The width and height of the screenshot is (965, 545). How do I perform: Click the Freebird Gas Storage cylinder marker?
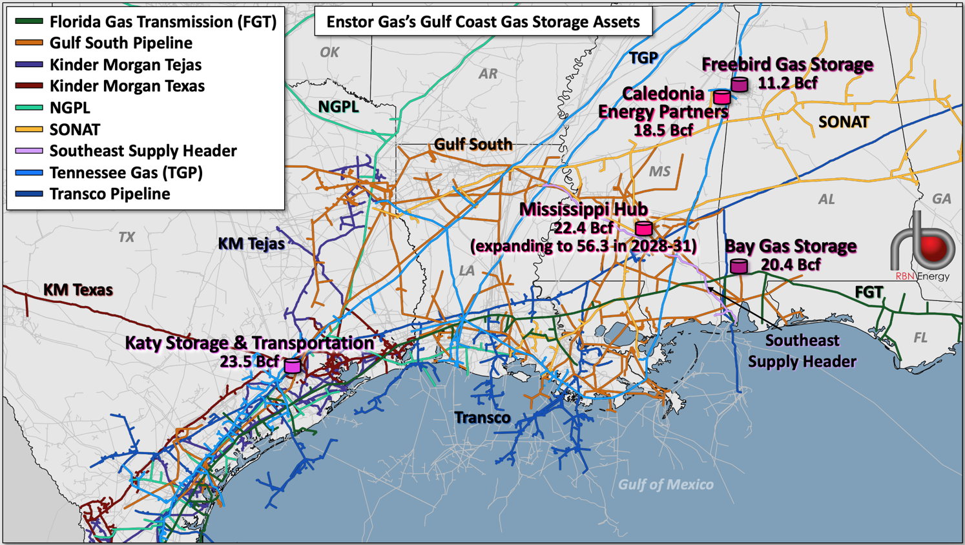click(x=740, y=84)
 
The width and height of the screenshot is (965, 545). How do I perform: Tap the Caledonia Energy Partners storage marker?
click(x=722, y=97)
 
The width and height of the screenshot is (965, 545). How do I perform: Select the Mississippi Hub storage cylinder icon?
click(x=643, y=228)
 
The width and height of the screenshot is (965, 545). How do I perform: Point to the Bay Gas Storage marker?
click(x=739, y=265)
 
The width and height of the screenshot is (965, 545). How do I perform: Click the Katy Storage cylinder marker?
click(x=293, y=365)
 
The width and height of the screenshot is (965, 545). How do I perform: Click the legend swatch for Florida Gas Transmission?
click(x=29, y=22)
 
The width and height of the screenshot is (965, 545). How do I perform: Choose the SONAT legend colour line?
click(x=29, y=130)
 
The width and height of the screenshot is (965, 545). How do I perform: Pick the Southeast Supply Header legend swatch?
click(x=29, y=151)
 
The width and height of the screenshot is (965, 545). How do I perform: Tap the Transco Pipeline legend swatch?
click(x=29, y=194)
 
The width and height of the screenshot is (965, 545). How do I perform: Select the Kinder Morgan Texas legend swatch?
click(x=29, y=86)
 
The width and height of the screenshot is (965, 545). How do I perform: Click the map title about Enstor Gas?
click(x=482, y=22)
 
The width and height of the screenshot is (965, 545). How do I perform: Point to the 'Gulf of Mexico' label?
click(x=666, y=484)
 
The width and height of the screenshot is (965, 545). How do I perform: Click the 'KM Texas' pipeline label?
click(x=78, y=290)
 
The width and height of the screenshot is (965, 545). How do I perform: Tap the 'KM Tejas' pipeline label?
click(x=251, y=243)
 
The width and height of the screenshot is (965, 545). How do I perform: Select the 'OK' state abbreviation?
click(x=329, y=52)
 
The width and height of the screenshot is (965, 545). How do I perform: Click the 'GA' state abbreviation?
click(x=941, y=199)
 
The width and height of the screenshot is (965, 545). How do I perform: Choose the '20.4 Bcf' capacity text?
click(x=791, y=265)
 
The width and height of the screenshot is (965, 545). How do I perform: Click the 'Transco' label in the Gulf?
click(x=482, y=418)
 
